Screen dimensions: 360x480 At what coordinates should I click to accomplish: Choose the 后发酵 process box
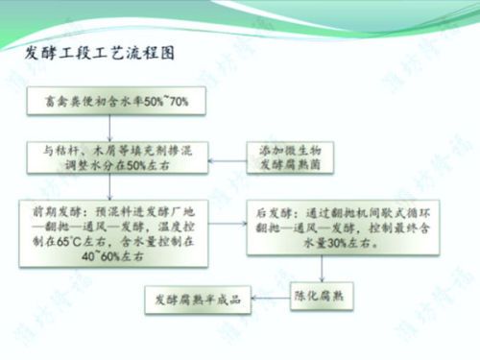tap(325, 229)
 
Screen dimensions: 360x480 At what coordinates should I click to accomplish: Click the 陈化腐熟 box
tap(323, 299)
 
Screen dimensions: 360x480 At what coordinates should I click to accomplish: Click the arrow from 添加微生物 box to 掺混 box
tap(234, 158)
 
